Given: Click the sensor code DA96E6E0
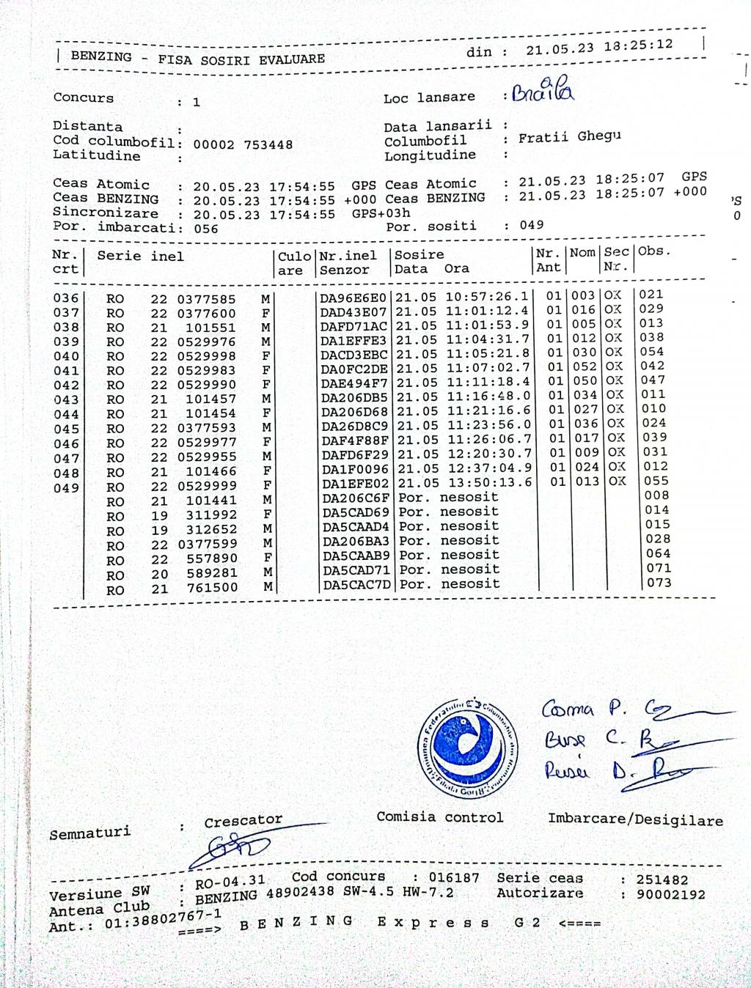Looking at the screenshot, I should coord(353,298).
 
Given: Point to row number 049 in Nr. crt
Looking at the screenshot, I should coord(66,488).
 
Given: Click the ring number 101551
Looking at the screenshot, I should coord(210,328).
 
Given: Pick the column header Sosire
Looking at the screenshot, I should coord(419,254).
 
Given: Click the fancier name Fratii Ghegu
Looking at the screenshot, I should coord(569,137).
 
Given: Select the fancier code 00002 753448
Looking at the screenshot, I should coord(243,144).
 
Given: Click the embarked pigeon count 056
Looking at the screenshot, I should coord(206,229).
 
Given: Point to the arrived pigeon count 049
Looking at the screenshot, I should coord(532,225).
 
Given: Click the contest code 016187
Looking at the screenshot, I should coord(454,878).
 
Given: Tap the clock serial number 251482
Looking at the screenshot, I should coord(662,880).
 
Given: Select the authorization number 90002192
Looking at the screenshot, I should coord(670,894).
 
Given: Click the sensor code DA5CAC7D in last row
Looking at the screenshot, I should coord(356,585).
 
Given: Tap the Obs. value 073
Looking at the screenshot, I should coord(658,583).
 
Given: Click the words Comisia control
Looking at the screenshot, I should coord(439,816).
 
